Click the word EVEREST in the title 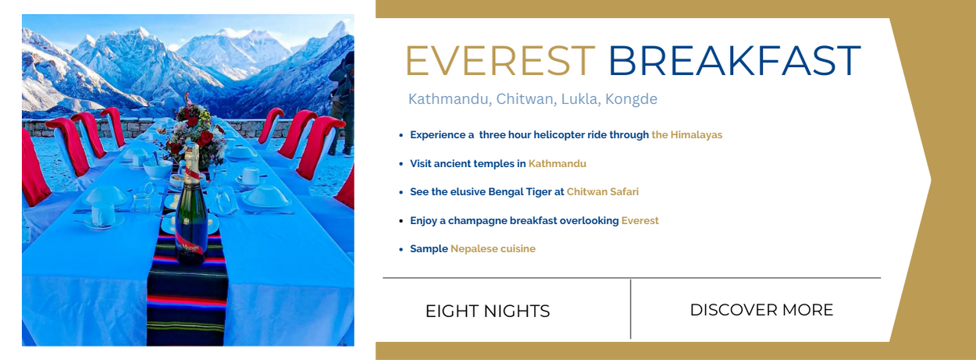500,60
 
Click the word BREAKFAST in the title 735,60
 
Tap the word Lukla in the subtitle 579,99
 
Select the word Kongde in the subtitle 632,99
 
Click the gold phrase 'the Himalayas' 686,134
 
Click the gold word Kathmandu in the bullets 557,163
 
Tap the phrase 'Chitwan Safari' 603,192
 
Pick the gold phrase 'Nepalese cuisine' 493,248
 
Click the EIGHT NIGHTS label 487,311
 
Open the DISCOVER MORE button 761,310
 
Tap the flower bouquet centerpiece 194,130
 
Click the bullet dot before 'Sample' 401,249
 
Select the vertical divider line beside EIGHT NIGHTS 630,309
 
